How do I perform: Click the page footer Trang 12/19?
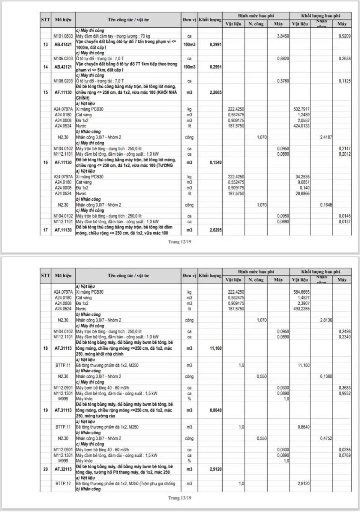tap(180, 241)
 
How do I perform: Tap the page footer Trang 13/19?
tap(180, 498)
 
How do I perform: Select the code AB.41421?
tap(63, 44)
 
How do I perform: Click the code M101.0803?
tap(63, 36)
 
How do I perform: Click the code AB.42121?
tap(63, 67)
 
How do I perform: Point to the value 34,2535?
tap(302, 177)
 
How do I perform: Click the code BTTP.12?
tap(63, 483)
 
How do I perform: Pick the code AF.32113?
tap(63, 469)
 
